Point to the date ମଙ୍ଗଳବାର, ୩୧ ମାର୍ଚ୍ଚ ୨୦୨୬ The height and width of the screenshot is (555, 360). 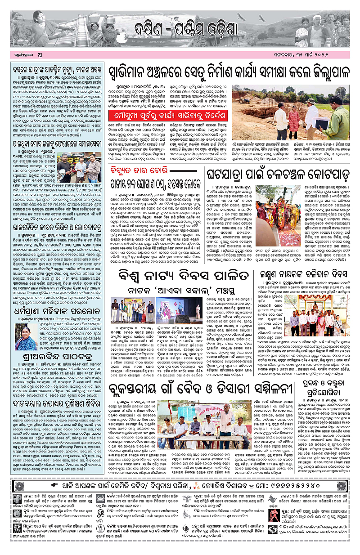[318, 56]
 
